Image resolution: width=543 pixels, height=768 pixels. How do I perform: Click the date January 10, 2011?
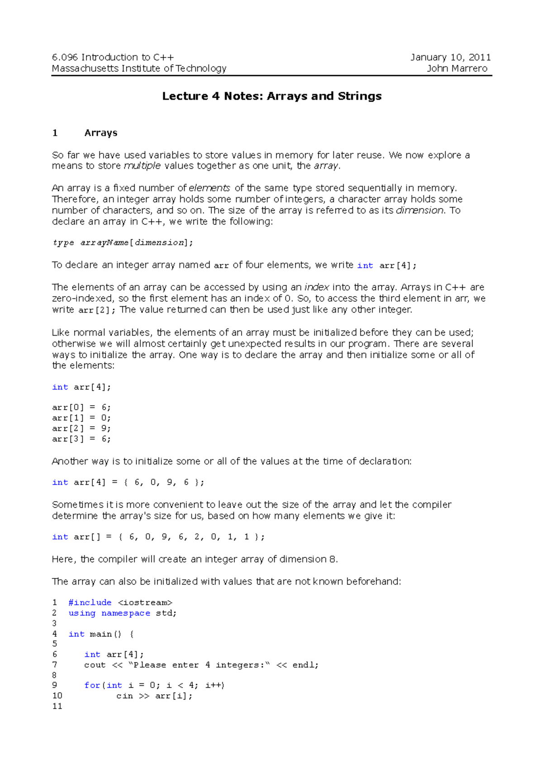(450, 57)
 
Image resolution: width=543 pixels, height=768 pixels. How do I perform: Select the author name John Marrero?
(457, 69)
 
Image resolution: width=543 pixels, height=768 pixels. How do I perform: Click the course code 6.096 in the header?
(65, 57)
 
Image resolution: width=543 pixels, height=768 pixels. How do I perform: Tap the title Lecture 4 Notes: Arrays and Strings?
(271, 96)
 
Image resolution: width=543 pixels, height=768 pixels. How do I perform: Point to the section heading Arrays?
(100, 133)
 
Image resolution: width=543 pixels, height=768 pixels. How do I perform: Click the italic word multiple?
(142, 166)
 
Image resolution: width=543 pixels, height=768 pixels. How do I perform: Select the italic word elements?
(210, 188)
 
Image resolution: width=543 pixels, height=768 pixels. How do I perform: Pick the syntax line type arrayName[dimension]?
(123, 243)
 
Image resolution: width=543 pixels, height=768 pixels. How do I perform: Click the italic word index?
(316, 288)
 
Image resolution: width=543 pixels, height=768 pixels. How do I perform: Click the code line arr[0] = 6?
(81, 408)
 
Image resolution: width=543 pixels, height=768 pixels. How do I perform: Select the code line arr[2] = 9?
(81, 428)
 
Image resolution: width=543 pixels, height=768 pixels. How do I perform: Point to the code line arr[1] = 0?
(81, 418)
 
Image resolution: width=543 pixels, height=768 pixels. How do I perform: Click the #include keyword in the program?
(90, 603)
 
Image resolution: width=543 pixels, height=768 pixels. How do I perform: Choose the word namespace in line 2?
(125, 613)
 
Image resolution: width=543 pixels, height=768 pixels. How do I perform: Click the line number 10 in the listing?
(57, 696)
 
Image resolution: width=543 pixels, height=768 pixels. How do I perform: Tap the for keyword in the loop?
(92, 686)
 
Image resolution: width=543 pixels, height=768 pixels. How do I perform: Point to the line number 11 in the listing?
(57, 706)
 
